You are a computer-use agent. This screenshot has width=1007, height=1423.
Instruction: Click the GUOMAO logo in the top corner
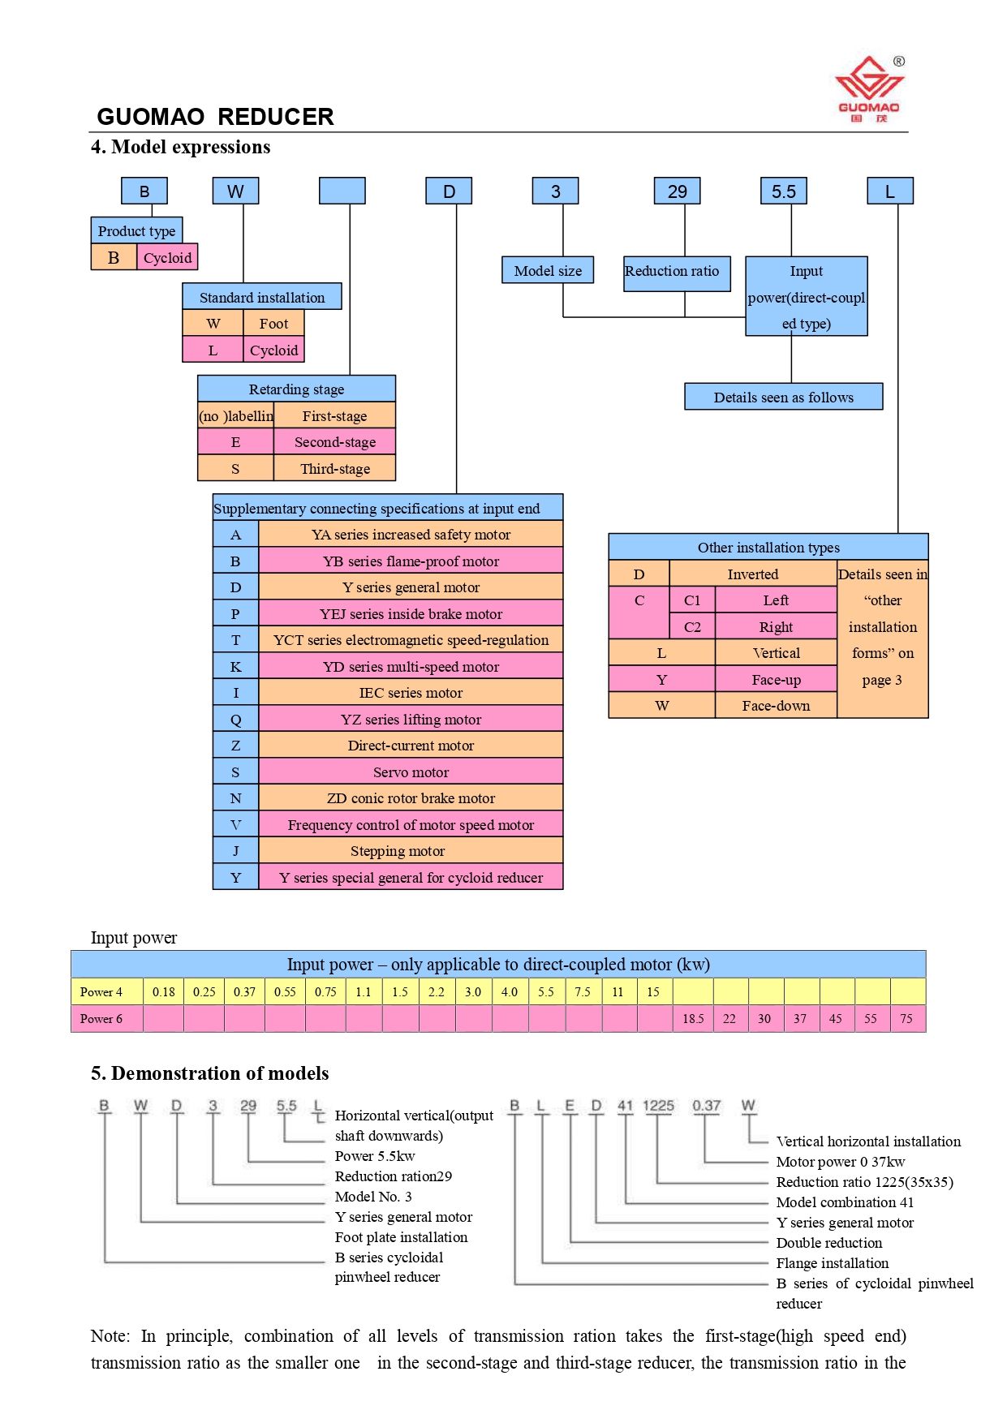(869, 88)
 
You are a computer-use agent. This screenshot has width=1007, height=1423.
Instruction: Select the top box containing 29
(677, 191)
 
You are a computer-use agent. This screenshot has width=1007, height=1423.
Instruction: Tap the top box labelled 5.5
(783, 191)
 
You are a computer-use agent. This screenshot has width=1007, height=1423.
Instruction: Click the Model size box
(548, 271)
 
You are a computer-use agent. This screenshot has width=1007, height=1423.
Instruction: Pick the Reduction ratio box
(672, 271)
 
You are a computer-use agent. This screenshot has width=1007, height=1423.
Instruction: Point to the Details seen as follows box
(783, 398)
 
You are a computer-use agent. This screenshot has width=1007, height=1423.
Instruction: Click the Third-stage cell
(334, 469)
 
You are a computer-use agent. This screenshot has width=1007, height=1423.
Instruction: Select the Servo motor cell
(411, 772)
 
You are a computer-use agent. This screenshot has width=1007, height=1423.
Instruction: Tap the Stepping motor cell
(398, 851)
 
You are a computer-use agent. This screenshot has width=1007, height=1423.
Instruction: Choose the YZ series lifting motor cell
(411, 720)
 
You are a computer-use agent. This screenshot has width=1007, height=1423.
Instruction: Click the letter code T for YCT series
(235, 640)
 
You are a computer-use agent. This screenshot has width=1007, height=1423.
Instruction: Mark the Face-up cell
(776, 680)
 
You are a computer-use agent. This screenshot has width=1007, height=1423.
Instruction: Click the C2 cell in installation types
(692, 627)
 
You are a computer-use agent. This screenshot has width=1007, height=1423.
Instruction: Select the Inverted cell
(752, 574)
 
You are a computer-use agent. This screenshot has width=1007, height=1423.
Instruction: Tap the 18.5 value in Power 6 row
(693, 1019)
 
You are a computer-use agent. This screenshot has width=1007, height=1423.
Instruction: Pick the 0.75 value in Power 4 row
(325, 992)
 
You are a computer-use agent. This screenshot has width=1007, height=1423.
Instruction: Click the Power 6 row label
(101, 1019)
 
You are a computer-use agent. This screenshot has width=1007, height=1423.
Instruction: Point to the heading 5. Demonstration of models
(210, 1073)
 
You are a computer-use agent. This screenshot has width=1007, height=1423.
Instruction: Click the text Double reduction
(828, 1243)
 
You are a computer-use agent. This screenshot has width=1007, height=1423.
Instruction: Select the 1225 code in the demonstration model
(658, 1106)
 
